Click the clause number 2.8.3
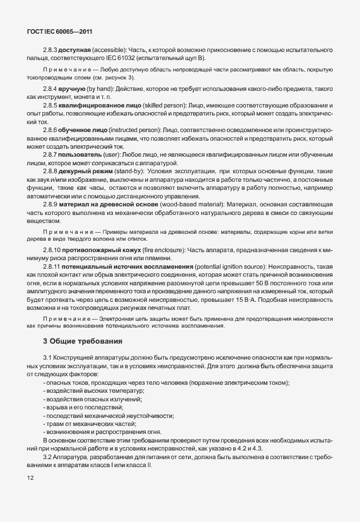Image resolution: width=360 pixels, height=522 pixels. (x=51, y=51)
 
